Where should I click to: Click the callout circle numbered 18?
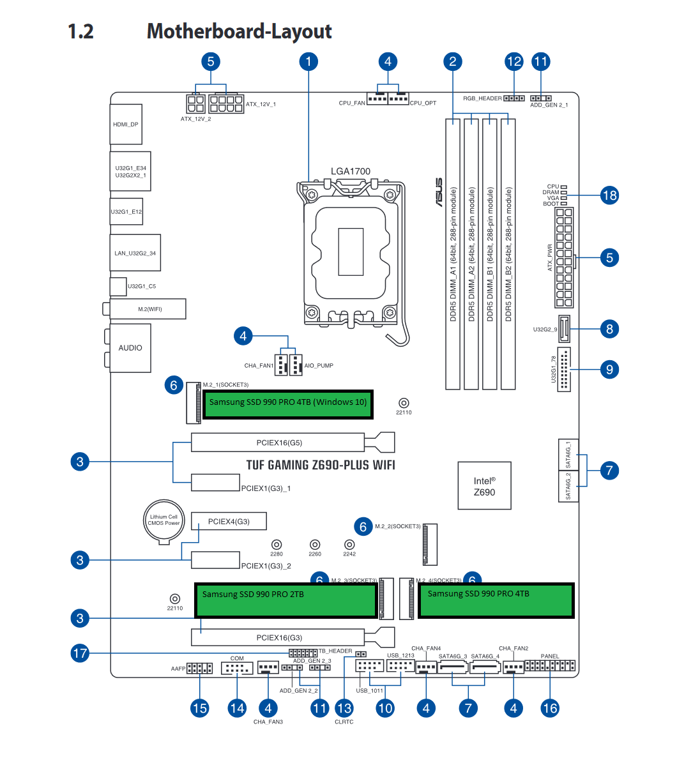[x=609, y=195]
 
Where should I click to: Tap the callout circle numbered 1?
[x=308, y=61]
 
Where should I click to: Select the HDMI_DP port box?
[x=126, y=125]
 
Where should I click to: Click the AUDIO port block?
[x=130, y=348]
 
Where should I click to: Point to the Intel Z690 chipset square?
[x=485, y=486]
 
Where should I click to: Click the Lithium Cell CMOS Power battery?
[x=164, y=520]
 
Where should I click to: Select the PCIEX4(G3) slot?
[x=229, y=521]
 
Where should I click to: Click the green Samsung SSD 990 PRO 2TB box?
[x=285, y=600]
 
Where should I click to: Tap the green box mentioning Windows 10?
[x=288, y=404]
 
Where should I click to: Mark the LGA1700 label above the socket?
[x=351, y=171]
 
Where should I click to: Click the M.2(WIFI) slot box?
[x=148, y=309]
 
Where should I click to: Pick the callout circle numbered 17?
[x=80, y=653]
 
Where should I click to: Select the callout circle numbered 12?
[x=514, y=61]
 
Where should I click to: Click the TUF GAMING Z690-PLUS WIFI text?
[x=321, y=465]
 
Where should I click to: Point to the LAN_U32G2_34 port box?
[x=135, y=253]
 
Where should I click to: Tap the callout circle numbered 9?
[x=609, y=369]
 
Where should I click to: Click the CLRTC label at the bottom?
[x=344, y=722]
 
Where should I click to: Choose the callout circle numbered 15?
[x=200, y=708]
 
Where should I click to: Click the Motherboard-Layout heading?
[x=240, y=31]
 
